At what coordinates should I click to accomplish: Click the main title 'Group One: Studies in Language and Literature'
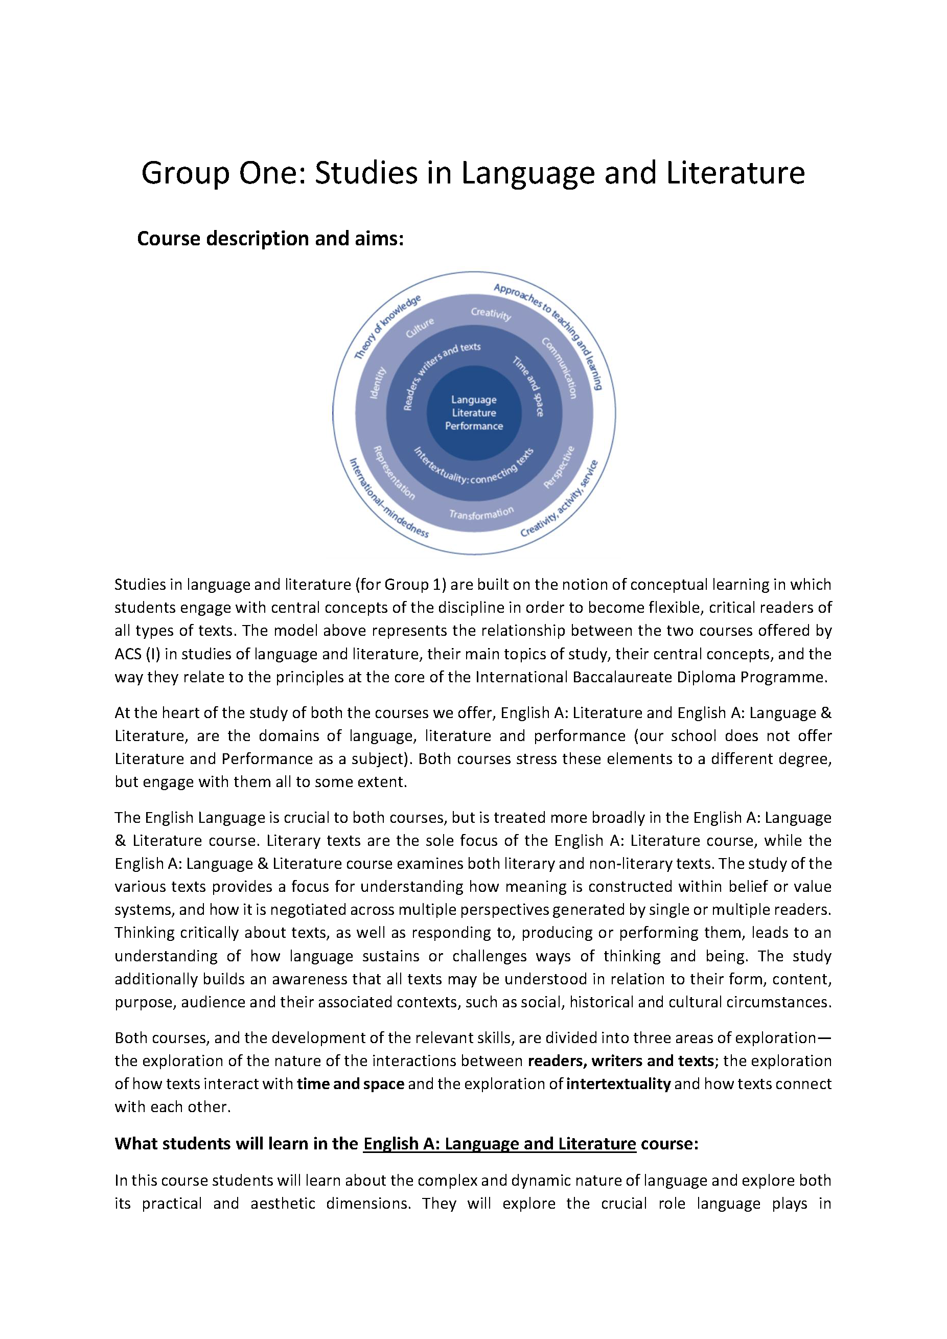473,173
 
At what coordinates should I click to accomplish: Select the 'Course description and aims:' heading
270,239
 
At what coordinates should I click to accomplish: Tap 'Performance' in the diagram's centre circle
473,426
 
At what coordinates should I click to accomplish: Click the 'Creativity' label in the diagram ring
491,314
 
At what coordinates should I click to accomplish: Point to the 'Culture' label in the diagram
420,328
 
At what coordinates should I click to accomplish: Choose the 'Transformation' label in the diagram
481,513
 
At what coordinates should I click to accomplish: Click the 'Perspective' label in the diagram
559,467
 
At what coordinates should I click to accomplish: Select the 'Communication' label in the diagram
560,368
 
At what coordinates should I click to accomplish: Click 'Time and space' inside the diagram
529,386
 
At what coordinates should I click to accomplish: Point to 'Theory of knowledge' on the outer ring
387,327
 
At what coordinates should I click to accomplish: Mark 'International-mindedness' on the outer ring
388,498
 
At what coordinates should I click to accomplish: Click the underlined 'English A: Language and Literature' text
499,1144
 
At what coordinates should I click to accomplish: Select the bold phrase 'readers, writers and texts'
620,1061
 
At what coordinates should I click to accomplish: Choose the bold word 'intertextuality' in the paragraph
618,1083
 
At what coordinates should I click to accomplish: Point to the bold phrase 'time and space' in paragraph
351,1083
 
